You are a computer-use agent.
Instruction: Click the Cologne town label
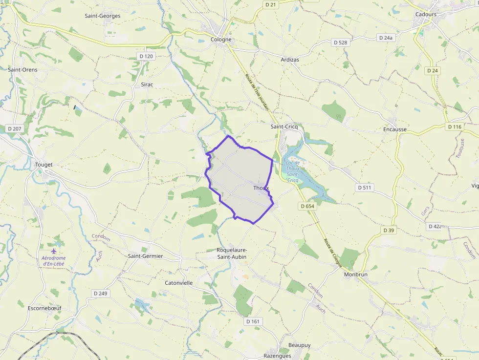[221, 40]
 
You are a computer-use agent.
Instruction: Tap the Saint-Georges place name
[103, 16]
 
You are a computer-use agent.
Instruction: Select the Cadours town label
[426, 14]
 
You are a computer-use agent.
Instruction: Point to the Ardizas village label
[290, 60]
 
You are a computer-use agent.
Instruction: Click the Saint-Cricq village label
[284, 127]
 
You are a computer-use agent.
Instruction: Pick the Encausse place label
[395, 129]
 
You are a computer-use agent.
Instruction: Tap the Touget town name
[44, 165]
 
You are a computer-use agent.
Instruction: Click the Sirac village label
[147, 85]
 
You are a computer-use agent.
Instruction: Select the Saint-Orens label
[22, 69]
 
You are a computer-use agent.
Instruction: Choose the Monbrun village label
[355, 274]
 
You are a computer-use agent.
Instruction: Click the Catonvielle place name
[179, 283]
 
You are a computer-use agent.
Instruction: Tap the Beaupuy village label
[300, 345]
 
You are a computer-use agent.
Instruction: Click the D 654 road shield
[307, 206]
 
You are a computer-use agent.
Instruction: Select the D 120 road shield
[146, 56]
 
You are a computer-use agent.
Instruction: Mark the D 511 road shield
[365, 187]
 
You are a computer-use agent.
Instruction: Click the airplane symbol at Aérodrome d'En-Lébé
[54, 251]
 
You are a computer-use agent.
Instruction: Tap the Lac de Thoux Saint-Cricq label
[293, 171]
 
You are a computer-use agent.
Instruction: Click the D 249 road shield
[100, 293]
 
